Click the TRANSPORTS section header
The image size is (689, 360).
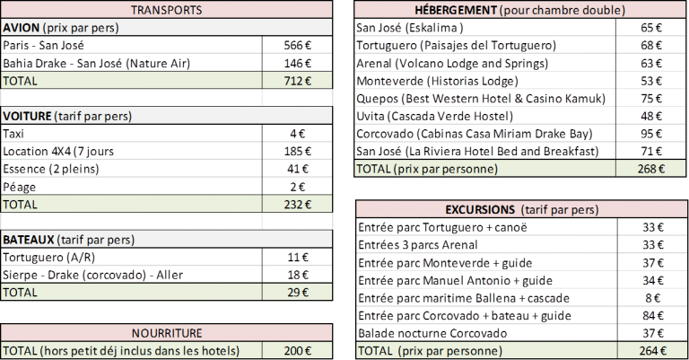[166, 11]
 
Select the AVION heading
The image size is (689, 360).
[21, 28]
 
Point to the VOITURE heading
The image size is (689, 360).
[28, 117]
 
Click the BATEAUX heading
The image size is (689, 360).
[29, 240]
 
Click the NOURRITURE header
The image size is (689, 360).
[166, 331]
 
